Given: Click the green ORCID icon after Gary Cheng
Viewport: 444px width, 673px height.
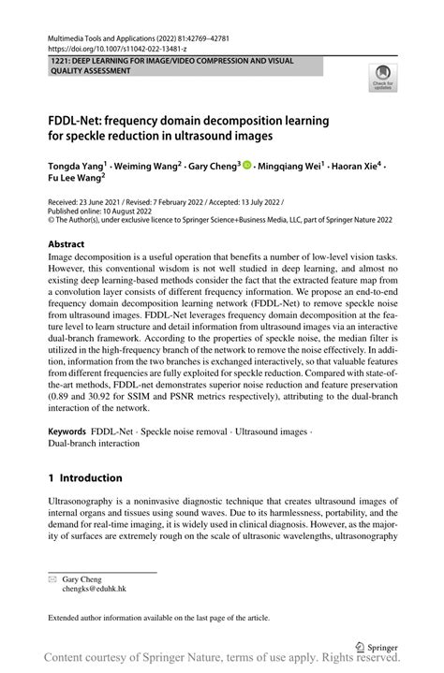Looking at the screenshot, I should (247, 165).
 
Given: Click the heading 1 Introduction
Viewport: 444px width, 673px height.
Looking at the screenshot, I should (85, 477).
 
